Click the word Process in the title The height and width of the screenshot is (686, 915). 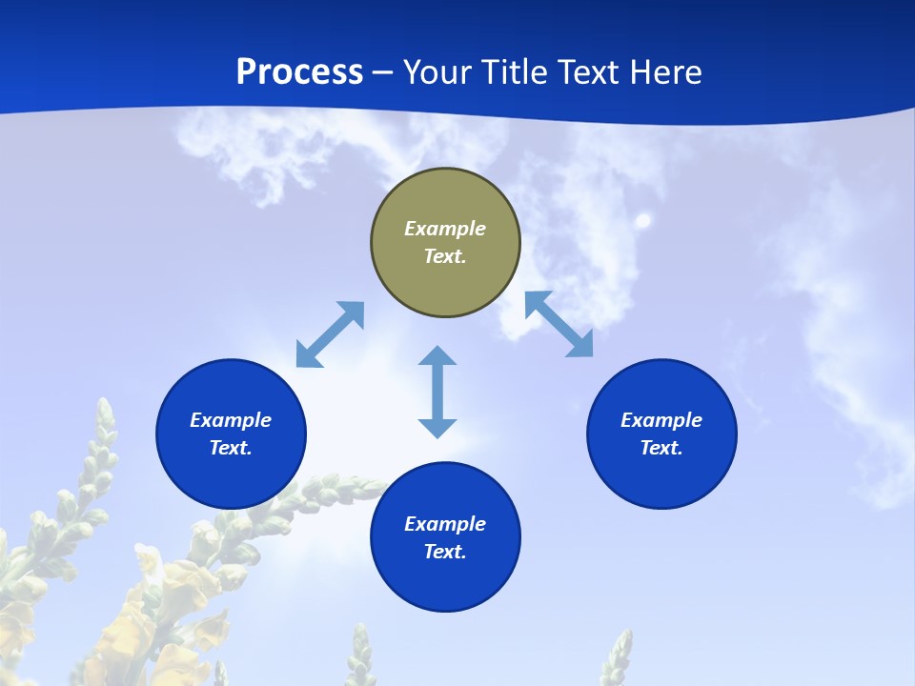[299, 72]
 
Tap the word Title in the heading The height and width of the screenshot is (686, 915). [516, 72]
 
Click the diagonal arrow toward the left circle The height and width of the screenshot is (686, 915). [330, 334]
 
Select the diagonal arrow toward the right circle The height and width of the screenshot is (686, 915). [559, 324]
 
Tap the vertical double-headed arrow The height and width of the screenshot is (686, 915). [437, 392]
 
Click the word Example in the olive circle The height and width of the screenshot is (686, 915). [445, 229]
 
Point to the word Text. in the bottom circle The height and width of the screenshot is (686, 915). [445, 552]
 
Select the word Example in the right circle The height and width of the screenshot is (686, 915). [661, 420]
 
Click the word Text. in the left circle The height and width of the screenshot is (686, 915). [231, 448]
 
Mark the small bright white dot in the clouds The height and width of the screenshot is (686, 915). [643, 221]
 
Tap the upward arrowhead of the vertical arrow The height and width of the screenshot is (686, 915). [437, 356]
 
